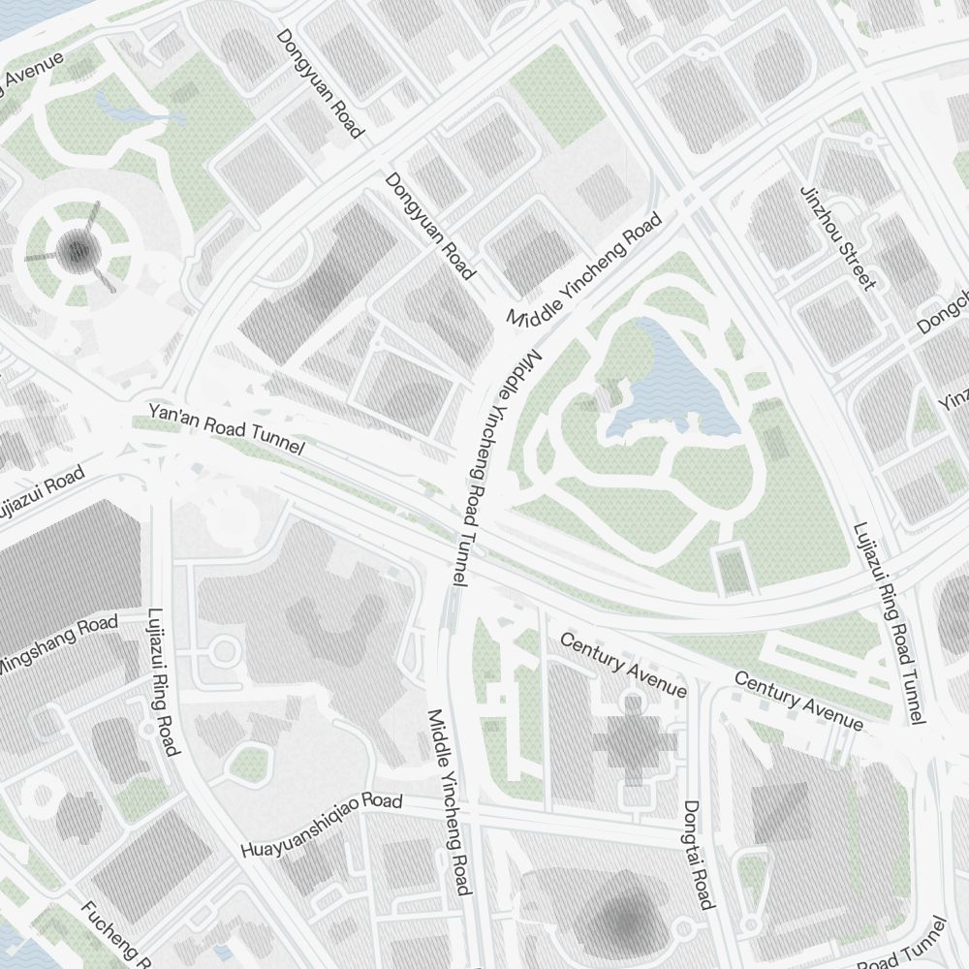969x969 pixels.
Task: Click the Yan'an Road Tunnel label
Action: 226,430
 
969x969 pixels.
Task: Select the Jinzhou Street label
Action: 838,237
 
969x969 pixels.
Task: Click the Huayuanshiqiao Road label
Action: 321,826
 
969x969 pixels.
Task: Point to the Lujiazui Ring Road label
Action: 162,681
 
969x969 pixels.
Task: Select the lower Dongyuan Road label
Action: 430,225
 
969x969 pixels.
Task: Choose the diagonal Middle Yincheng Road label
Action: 584,268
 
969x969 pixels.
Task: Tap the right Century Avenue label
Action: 797,700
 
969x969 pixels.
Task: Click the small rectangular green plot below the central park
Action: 735,570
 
